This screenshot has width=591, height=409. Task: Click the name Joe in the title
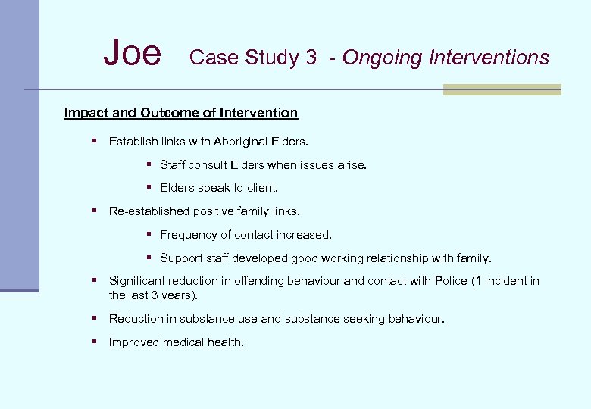[x=133, y=54]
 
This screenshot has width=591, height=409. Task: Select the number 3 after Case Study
[x=311, y=58]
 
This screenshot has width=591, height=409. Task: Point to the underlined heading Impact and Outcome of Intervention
[x=181, y=113]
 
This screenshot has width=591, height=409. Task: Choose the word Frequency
[x=187, y=235]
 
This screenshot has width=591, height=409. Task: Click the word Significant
[x=137, y=281]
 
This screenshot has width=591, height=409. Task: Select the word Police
[x=452, y=281]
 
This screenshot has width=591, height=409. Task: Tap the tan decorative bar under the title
[x=501, y=89]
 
